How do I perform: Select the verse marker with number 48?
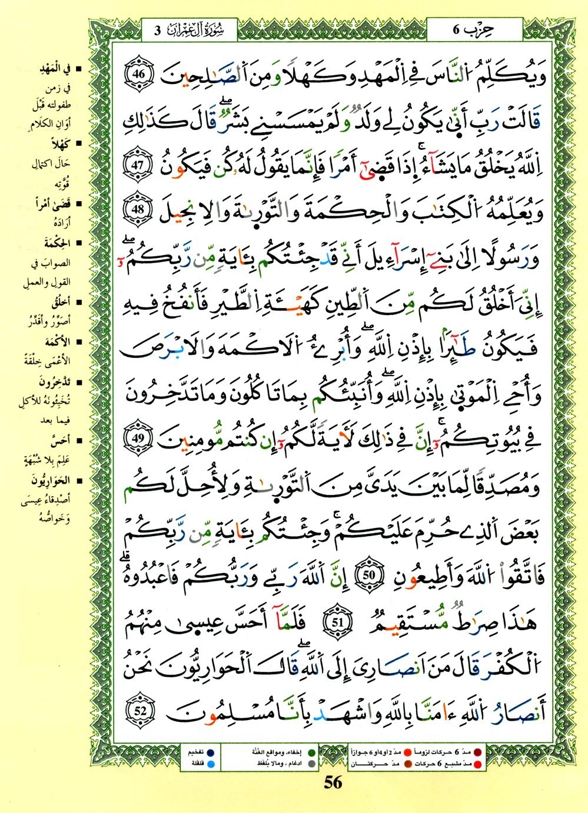[x=139, y=210]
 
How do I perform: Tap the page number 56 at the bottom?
[x=333, y=782]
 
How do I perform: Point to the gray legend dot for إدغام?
[x=311, y=764]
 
